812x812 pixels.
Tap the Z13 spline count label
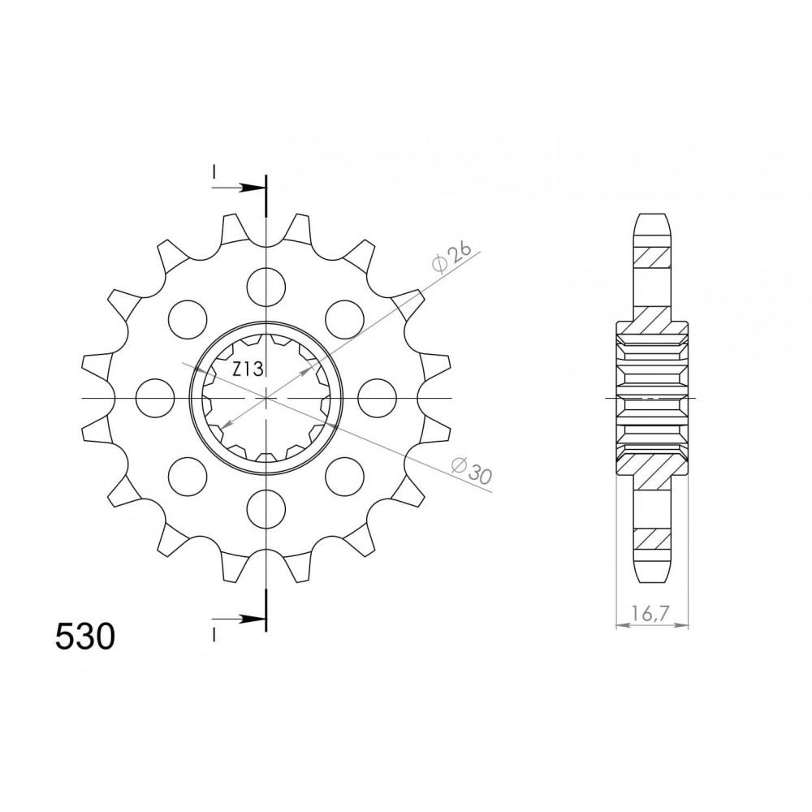(x=248, y=369)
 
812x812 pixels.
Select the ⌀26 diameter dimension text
(x=451, y=257)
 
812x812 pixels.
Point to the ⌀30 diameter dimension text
(x=470, y=469)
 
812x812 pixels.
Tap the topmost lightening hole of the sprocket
(x=266, y=287)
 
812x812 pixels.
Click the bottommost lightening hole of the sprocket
(x=266, y=510)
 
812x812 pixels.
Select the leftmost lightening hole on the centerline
(x=155, y=398)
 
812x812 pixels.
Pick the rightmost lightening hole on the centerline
(x=377, y=398)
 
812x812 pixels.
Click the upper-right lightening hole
(x=345, y=319)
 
